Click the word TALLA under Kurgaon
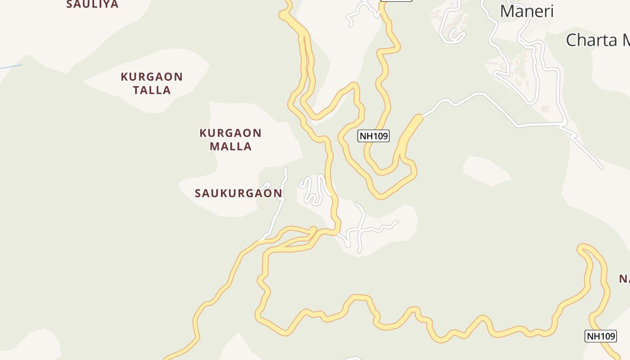click(152, 90)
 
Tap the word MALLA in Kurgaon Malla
click(230, 146)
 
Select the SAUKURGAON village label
click(238, 193)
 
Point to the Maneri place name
click(526, 11)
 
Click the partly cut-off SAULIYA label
click(92, 4)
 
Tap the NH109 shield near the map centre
click(373, 135)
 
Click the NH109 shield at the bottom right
click(600, 336)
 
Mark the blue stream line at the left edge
click(11, 67)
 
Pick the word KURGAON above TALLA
click(152, 77)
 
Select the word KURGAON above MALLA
click(230, 133)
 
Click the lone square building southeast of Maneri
click(545, 109)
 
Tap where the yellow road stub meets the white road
click(420, 117)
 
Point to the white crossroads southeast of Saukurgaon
click(360, 230)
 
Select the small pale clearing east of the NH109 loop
click(486, 170)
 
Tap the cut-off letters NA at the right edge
click(624, 279)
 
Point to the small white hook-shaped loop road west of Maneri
click(454, 31)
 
